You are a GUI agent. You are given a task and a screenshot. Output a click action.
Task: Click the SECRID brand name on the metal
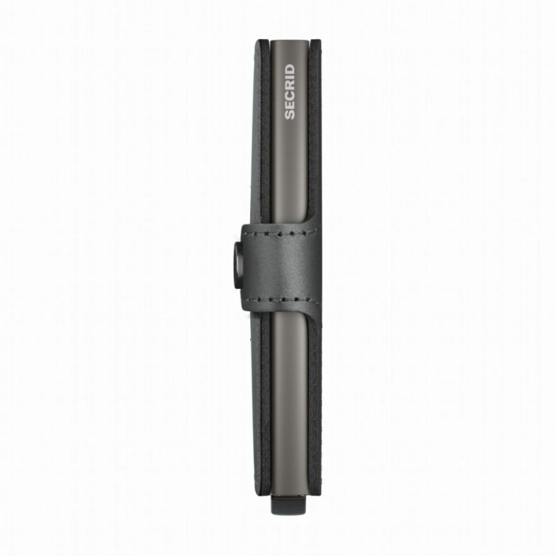click(x=289, y=92)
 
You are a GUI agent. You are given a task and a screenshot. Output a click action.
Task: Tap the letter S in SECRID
click(x=289, y=115)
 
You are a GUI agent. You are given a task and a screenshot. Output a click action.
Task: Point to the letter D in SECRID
click(x=289, y=69)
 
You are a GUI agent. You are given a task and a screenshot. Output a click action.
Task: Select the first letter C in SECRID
click(x=289, y=95)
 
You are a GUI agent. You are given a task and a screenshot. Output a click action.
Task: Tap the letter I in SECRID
click(x=289, y=77)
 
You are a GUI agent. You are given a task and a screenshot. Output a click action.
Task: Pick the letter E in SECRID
click(x=289, y=105)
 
